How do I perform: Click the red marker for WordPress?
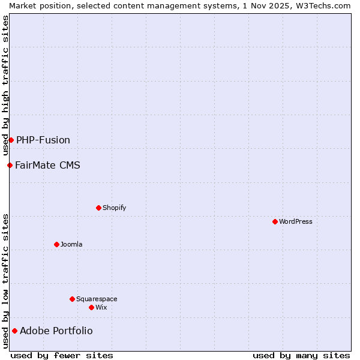275,221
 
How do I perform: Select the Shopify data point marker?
98,208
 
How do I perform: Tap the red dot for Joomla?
56,244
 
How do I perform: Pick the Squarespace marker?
72,299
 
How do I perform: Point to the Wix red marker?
91,307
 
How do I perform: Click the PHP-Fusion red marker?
11,140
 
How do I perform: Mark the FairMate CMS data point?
10,165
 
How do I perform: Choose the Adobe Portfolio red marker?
14,331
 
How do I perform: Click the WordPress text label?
296,221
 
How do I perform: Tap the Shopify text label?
115,208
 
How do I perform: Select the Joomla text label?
71,244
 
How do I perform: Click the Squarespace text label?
97,299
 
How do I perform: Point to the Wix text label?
101,307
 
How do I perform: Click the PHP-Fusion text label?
43,140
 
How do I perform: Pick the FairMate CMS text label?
47,165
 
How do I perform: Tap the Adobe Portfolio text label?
56,331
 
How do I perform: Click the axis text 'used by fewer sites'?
62,355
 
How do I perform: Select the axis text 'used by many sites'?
301,355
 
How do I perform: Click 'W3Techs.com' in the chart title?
326,5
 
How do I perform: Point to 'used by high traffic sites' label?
5,85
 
